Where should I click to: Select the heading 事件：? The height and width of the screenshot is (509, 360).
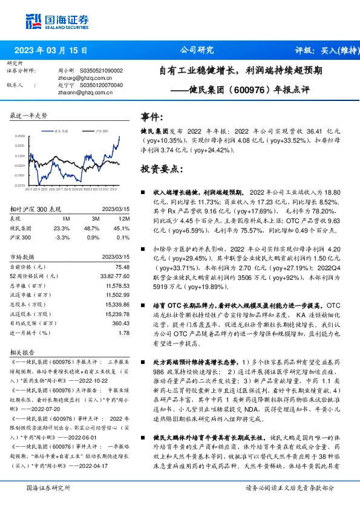click(x=152, y=117)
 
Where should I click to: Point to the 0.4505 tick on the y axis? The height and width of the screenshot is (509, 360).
click(x=19, y=137)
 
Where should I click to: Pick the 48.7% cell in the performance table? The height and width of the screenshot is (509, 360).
click(x=91, y=229)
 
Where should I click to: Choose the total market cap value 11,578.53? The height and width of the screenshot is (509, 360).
click(x=117, y=285)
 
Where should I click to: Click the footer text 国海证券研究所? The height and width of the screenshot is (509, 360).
click(x=48, y=488)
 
